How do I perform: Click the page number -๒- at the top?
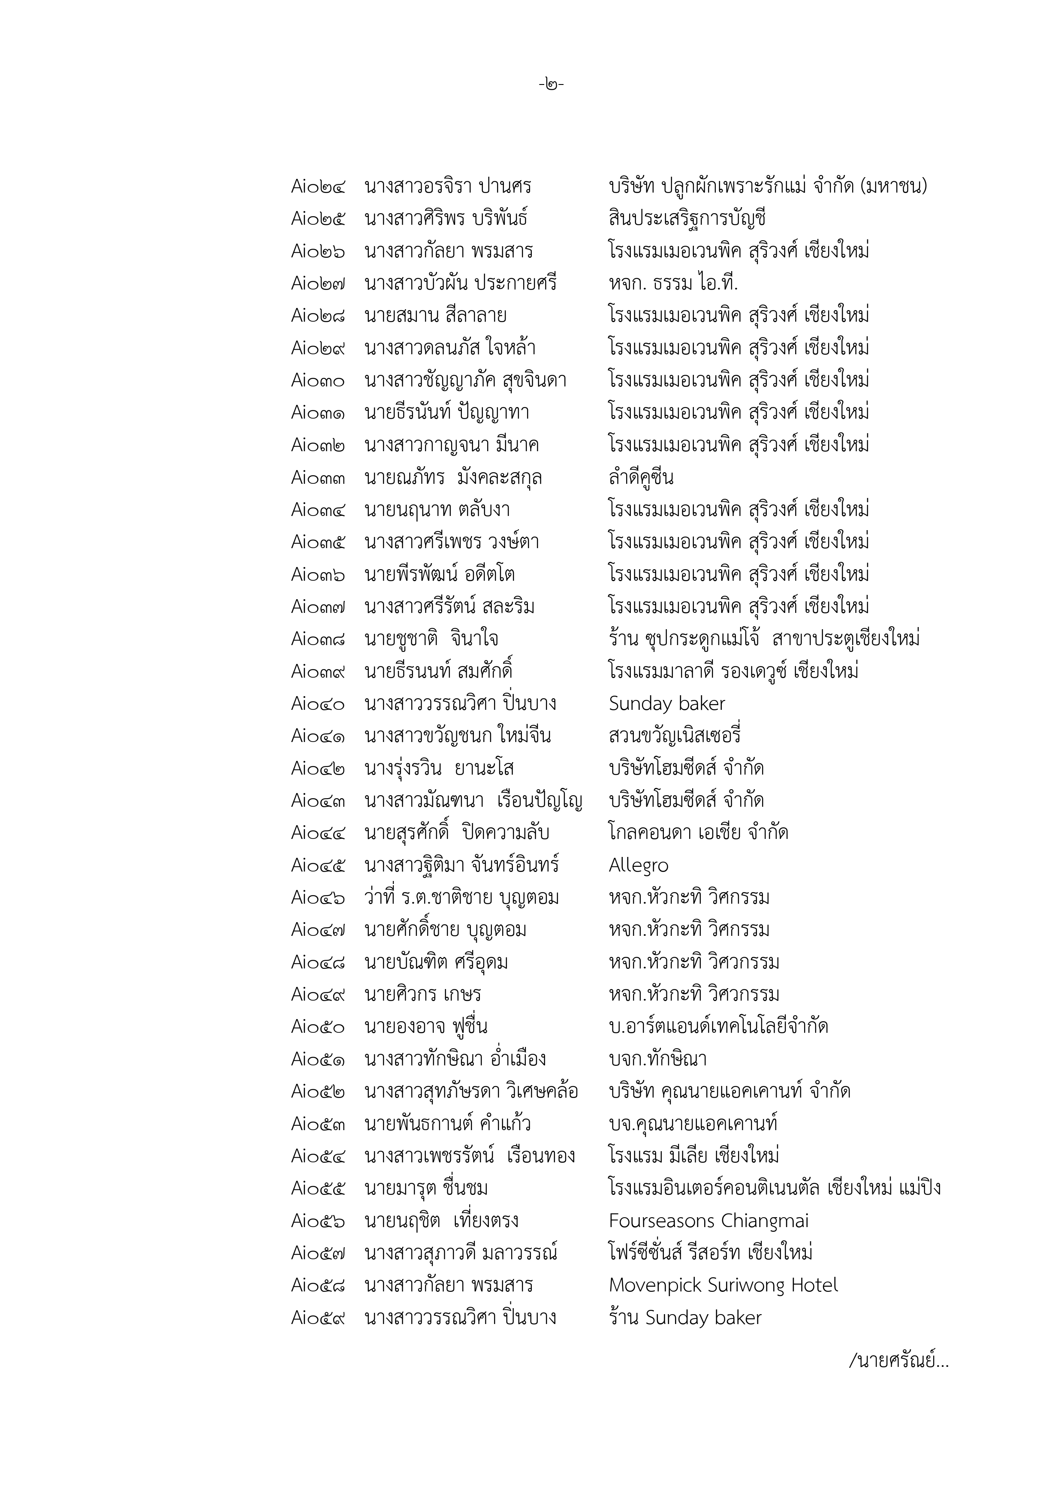coord(551,84)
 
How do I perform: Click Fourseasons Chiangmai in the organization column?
coord(708,1221)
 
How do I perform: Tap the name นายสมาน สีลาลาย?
coord(435,316)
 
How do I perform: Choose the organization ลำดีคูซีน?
coord(640,477)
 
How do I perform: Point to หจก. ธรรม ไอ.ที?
coord(673,283)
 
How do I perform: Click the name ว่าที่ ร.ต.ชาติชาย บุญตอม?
coord(461,897)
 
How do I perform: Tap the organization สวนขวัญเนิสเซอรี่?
coord(675,736)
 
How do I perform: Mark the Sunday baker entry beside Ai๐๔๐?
coord(667,704)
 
